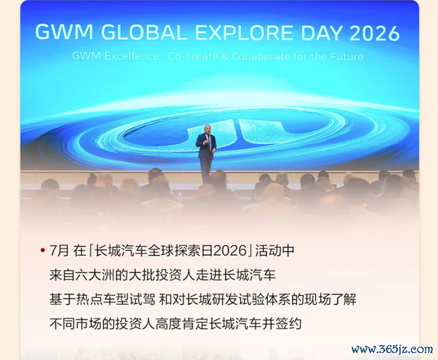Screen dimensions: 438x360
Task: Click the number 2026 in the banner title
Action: (374, 33)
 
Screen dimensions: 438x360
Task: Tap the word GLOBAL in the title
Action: (143, 32)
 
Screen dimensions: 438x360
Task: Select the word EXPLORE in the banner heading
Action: (244, 32)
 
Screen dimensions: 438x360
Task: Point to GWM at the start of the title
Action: (64, 32)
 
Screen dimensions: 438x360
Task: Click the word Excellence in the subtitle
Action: (131, 56)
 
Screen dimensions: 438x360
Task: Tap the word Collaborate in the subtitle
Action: (261, 56)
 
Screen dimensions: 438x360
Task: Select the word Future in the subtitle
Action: (347, 56)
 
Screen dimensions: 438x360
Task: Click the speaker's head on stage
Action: (207, 128)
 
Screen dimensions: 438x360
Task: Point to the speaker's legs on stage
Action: (206, 171)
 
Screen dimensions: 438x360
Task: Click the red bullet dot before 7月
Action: (42, 250)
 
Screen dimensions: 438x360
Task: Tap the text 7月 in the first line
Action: (59, 250)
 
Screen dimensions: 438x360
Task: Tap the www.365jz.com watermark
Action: (392, 349)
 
